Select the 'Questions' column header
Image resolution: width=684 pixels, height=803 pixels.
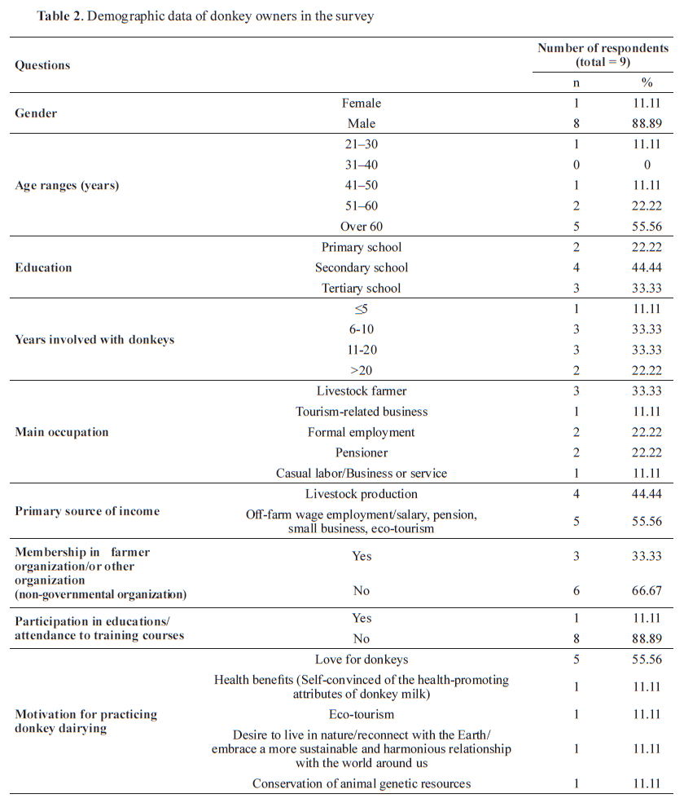[42, 65]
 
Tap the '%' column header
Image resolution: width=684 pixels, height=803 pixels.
[647, 82]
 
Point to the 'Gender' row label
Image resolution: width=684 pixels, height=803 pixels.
[36, 113]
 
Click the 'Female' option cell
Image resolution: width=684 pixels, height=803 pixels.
[362, 104]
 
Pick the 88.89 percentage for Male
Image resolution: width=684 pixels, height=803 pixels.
[647, 124]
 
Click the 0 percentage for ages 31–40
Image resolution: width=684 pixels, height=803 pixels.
[647, 165]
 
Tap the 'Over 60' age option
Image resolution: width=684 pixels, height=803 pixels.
[362, 227]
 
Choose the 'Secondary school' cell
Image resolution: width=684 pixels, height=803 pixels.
[362, 267]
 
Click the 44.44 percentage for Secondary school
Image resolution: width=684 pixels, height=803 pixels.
[647, 267]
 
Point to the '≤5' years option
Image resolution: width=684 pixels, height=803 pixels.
[362, 309]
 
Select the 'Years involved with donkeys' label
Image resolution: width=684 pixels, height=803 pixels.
[94, 339]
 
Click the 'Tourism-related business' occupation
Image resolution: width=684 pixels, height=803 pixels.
[362, 412]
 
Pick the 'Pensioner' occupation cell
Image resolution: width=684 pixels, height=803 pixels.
[362, 452]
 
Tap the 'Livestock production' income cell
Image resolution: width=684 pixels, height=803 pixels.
[362, 494]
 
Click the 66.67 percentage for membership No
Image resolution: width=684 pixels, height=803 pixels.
[647, 590]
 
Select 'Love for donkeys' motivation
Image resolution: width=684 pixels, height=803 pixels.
[362, 659]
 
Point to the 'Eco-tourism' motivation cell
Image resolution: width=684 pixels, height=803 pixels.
[362, 714]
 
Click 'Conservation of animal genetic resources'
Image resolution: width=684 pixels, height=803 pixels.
[362, 783]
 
